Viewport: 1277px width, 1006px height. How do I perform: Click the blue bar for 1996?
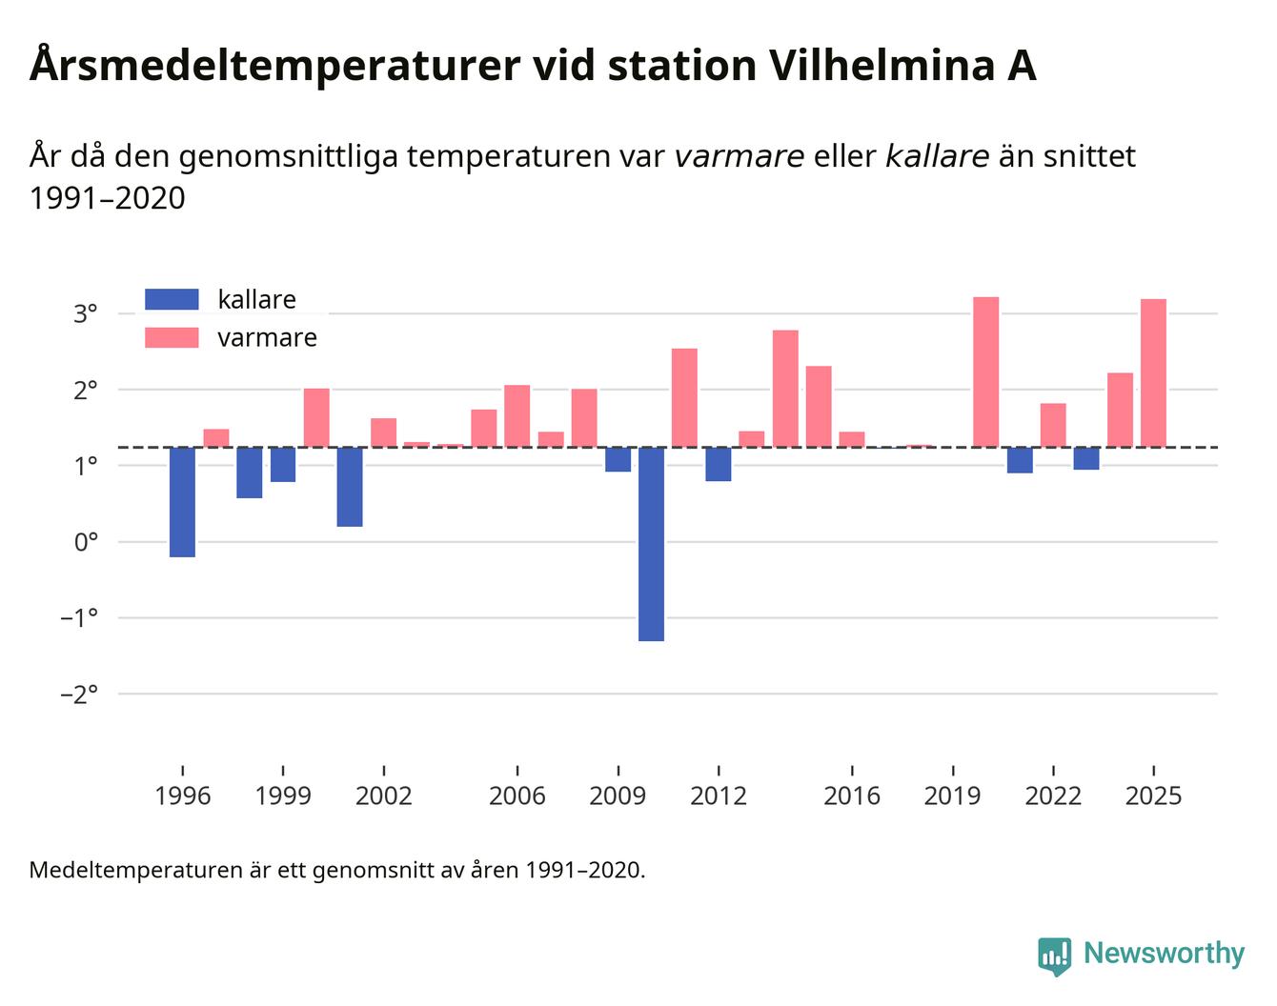coord(182,502)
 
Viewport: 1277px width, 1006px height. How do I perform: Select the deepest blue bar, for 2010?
coord(651,544)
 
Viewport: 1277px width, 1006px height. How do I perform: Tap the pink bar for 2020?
coord(985,372)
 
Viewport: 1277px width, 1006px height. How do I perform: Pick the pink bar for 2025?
coord(1153,372)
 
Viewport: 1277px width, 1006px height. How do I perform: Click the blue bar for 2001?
coord(350,487)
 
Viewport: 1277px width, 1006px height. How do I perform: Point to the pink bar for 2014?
coord(785,389)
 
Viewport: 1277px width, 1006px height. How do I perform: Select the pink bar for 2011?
coord(684,398)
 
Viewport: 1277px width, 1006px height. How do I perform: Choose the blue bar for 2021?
coord(1020,460)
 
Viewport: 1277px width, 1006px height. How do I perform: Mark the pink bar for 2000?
coord(316,418)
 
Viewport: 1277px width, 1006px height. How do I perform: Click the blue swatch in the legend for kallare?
coord(172,299)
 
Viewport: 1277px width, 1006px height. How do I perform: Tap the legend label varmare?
coord(267,338)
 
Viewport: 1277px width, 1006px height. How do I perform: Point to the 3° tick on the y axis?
coord(86,313)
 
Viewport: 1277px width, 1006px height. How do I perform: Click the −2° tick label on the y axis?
coord(79,694)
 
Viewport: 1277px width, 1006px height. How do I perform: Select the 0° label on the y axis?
coord(86,542)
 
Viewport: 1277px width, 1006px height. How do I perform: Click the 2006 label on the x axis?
coord(517,796)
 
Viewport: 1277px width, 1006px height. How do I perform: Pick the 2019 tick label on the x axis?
coord(952,796)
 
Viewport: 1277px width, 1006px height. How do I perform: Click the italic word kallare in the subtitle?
coord(937,156)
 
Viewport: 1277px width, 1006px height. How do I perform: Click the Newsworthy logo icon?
coord(1054,956)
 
